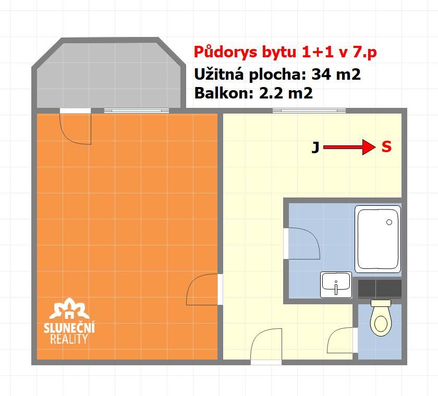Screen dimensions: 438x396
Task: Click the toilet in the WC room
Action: pos(381,318)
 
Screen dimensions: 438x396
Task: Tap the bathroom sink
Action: pos(336,284)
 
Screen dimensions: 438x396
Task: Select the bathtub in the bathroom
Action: pos(378,239)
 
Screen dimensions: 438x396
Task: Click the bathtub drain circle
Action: pos(389,222)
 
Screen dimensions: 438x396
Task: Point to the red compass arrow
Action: pos(349,147)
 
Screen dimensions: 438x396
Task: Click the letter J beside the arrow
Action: pos(315,147)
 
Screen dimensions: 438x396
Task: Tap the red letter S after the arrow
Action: pos(386,146)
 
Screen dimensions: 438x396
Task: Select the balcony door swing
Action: pos(76,129)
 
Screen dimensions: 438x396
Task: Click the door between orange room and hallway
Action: pos(202,289)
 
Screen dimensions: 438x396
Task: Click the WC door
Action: pos(340,340)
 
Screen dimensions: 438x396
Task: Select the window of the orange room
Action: pos(137,111)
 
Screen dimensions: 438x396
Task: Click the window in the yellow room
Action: pos(309,111)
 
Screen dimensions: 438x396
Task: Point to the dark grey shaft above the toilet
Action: pos(380,289)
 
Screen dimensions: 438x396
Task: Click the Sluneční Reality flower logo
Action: pos(69,308)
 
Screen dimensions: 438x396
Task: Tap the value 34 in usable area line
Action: pos(321,74)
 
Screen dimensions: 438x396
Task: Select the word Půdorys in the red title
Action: pos(225,53)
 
